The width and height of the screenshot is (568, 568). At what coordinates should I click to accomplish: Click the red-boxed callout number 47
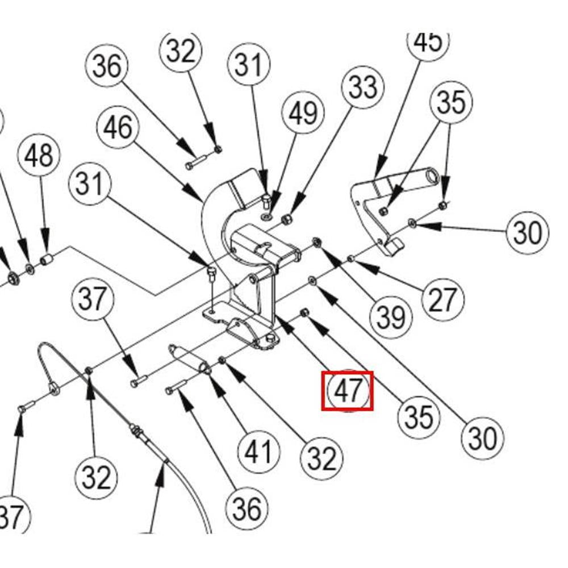[x=348, y=391]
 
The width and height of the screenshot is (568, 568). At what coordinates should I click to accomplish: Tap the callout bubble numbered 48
[x=39, y=156]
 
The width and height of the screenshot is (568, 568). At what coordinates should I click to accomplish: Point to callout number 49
[x=303, y=112]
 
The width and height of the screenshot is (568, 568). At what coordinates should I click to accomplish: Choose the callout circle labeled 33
[x=362, y=88]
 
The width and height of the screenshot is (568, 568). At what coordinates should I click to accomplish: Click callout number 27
[x=442, y=300]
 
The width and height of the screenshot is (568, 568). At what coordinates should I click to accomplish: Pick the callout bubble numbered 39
[x=391, y=317]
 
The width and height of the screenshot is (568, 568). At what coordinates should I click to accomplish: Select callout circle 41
[x=258, y=452]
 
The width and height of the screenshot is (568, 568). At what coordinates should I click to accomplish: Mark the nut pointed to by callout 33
[x=287, y=218]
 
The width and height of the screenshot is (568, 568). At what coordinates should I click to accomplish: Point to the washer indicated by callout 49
[x=266, y=216]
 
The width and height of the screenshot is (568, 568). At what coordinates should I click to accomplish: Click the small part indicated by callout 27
[x=351, y=259]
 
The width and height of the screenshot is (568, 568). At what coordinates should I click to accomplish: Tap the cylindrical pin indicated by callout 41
[x=189, y=359]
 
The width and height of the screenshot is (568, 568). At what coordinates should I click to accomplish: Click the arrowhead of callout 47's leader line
[x=282, y=321]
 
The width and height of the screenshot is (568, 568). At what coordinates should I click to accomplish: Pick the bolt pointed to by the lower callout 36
[x=176, y=388]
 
